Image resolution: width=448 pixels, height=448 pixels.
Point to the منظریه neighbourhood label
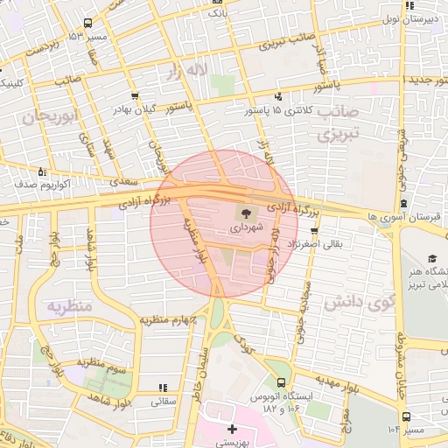68,307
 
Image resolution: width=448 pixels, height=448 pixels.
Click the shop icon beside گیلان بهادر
133,97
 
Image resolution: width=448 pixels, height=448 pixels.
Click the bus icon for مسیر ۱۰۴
404,416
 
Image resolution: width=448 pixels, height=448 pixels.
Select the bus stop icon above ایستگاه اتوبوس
281,382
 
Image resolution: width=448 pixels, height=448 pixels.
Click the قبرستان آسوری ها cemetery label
408,216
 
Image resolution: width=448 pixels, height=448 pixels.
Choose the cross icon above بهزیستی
231,429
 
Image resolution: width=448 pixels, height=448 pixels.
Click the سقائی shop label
164,402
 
